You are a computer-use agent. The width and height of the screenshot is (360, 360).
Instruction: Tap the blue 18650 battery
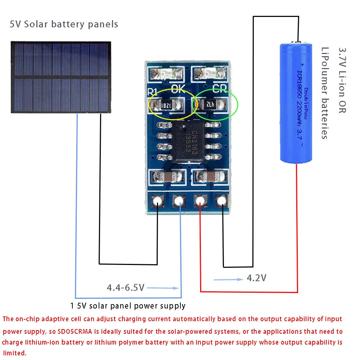click(x=296, y=103)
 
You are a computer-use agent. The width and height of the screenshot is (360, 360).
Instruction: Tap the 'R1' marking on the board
click(x=152, y=90)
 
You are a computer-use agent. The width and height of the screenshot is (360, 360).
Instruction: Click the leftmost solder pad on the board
click(x=157, y=201)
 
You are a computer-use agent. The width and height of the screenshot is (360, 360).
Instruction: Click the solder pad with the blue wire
click(x=178, y=201)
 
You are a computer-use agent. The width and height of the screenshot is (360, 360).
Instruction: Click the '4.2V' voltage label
click(x=256, y=278)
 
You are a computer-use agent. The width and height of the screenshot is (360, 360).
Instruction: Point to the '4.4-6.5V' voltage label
click(x=125, y=288)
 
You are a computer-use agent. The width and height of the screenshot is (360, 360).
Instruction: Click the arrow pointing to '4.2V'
click(x=228, y=279)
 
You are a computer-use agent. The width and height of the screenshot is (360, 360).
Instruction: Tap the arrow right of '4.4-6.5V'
click(x=163, y=288)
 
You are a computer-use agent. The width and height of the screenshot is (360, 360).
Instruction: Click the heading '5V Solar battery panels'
click(x=64, y=24)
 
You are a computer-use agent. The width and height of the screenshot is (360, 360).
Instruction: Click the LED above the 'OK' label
click(x=167, y=74)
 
